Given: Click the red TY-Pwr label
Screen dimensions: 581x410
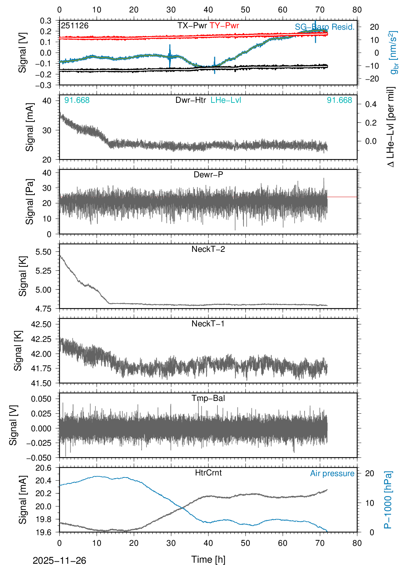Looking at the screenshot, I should tap(224, 26).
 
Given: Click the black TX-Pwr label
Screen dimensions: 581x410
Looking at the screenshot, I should tap(192, 26).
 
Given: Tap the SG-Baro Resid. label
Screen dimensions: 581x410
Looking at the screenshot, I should tap(325, 27).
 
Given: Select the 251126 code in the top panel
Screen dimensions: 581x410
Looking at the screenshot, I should tap(75, 26).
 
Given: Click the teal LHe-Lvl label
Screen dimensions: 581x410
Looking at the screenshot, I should tap(226, 100).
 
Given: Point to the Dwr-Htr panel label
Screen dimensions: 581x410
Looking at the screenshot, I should tap(191, 100).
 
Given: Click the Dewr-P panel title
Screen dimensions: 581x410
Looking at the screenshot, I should tap(208, 175).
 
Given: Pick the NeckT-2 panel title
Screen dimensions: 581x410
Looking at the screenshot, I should tap(208, 249).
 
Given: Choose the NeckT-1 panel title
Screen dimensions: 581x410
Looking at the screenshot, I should tap(208, 324).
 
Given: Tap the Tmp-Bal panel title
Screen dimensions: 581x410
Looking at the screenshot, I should tap(208, 398).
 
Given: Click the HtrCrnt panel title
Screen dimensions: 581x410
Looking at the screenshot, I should tap(208, 473).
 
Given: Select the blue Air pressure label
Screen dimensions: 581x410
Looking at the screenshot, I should tap(332, 473).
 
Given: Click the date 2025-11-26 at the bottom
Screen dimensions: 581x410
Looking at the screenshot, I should tap(59, 561).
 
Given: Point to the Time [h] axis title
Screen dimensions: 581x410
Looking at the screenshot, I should tap(208, 559).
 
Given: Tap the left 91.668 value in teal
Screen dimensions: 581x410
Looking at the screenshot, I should tap(77, 100).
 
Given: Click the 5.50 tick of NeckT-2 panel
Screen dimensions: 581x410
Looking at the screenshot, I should tap(43, 252).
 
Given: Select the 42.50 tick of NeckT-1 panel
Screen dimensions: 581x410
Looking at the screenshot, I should tap(41, 324).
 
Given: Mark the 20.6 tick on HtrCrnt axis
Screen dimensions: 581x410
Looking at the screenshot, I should tap(43, 468).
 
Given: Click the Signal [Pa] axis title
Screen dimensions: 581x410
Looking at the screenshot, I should tap(30, 202).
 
